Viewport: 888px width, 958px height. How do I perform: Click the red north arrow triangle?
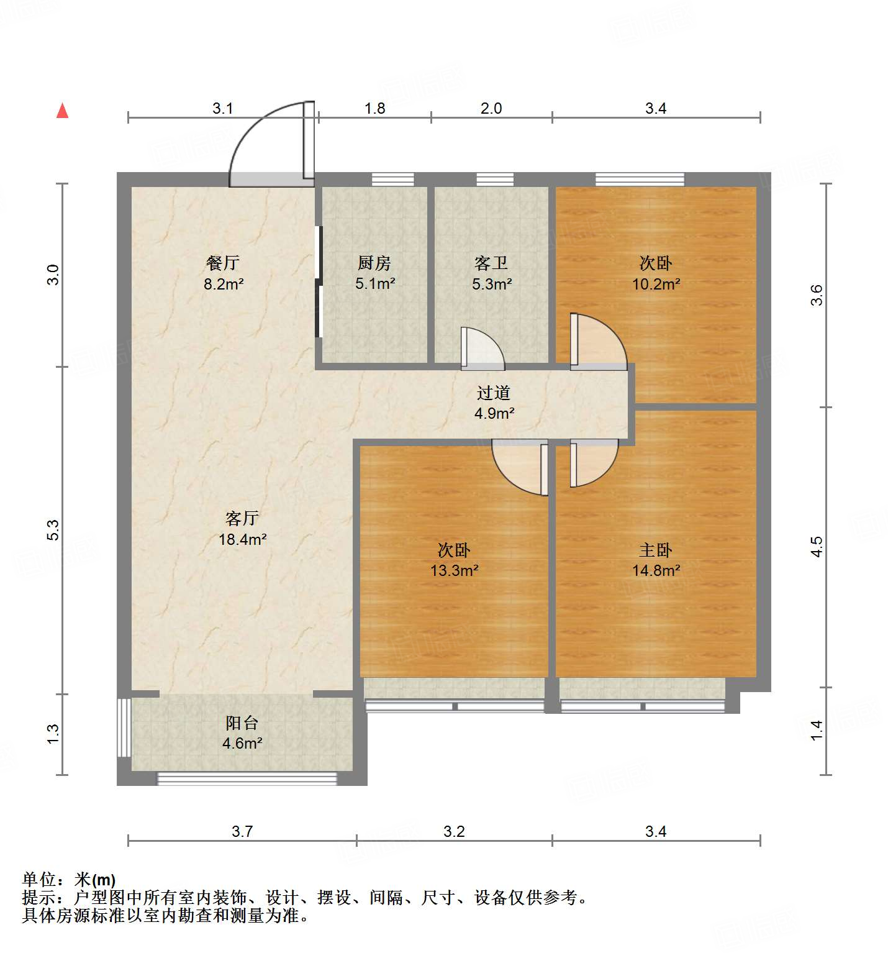coord(62,111)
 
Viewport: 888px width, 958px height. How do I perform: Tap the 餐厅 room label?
coord(222,263)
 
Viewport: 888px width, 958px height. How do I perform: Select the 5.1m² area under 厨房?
coord(375,284)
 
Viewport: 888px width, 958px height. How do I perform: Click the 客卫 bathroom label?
coord(491,263)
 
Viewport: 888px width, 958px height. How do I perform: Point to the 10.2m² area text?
coord(656,284)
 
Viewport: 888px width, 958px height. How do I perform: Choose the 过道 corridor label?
coord(494,393)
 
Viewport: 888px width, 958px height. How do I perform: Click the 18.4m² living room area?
coord(242,539)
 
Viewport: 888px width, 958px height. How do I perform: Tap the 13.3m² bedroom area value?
coord(454,570)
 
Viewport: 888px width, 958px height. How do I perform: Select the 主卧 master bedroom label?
coord(656,550)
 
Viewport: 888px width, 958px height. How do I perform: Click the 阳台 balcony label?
coord(242,723)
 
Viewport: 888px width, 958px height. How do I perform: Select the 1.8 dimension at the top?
coord(374,108)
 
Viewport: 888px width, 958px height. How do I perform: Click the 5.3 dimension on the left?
coord(53,529)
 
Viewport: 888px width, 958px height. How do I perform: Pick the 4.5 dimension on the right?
coord(817,547)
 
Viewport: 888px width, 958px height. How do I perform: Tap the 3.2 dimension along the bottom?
coord(454,831)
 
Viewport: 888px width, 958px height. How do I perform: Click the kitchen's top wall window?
coord(392,180)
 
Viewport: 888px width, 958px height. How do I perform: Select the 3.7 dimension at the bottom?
coord(242,831)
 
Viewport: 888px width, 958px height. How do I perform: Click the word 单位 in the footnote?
coord(39,880)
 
